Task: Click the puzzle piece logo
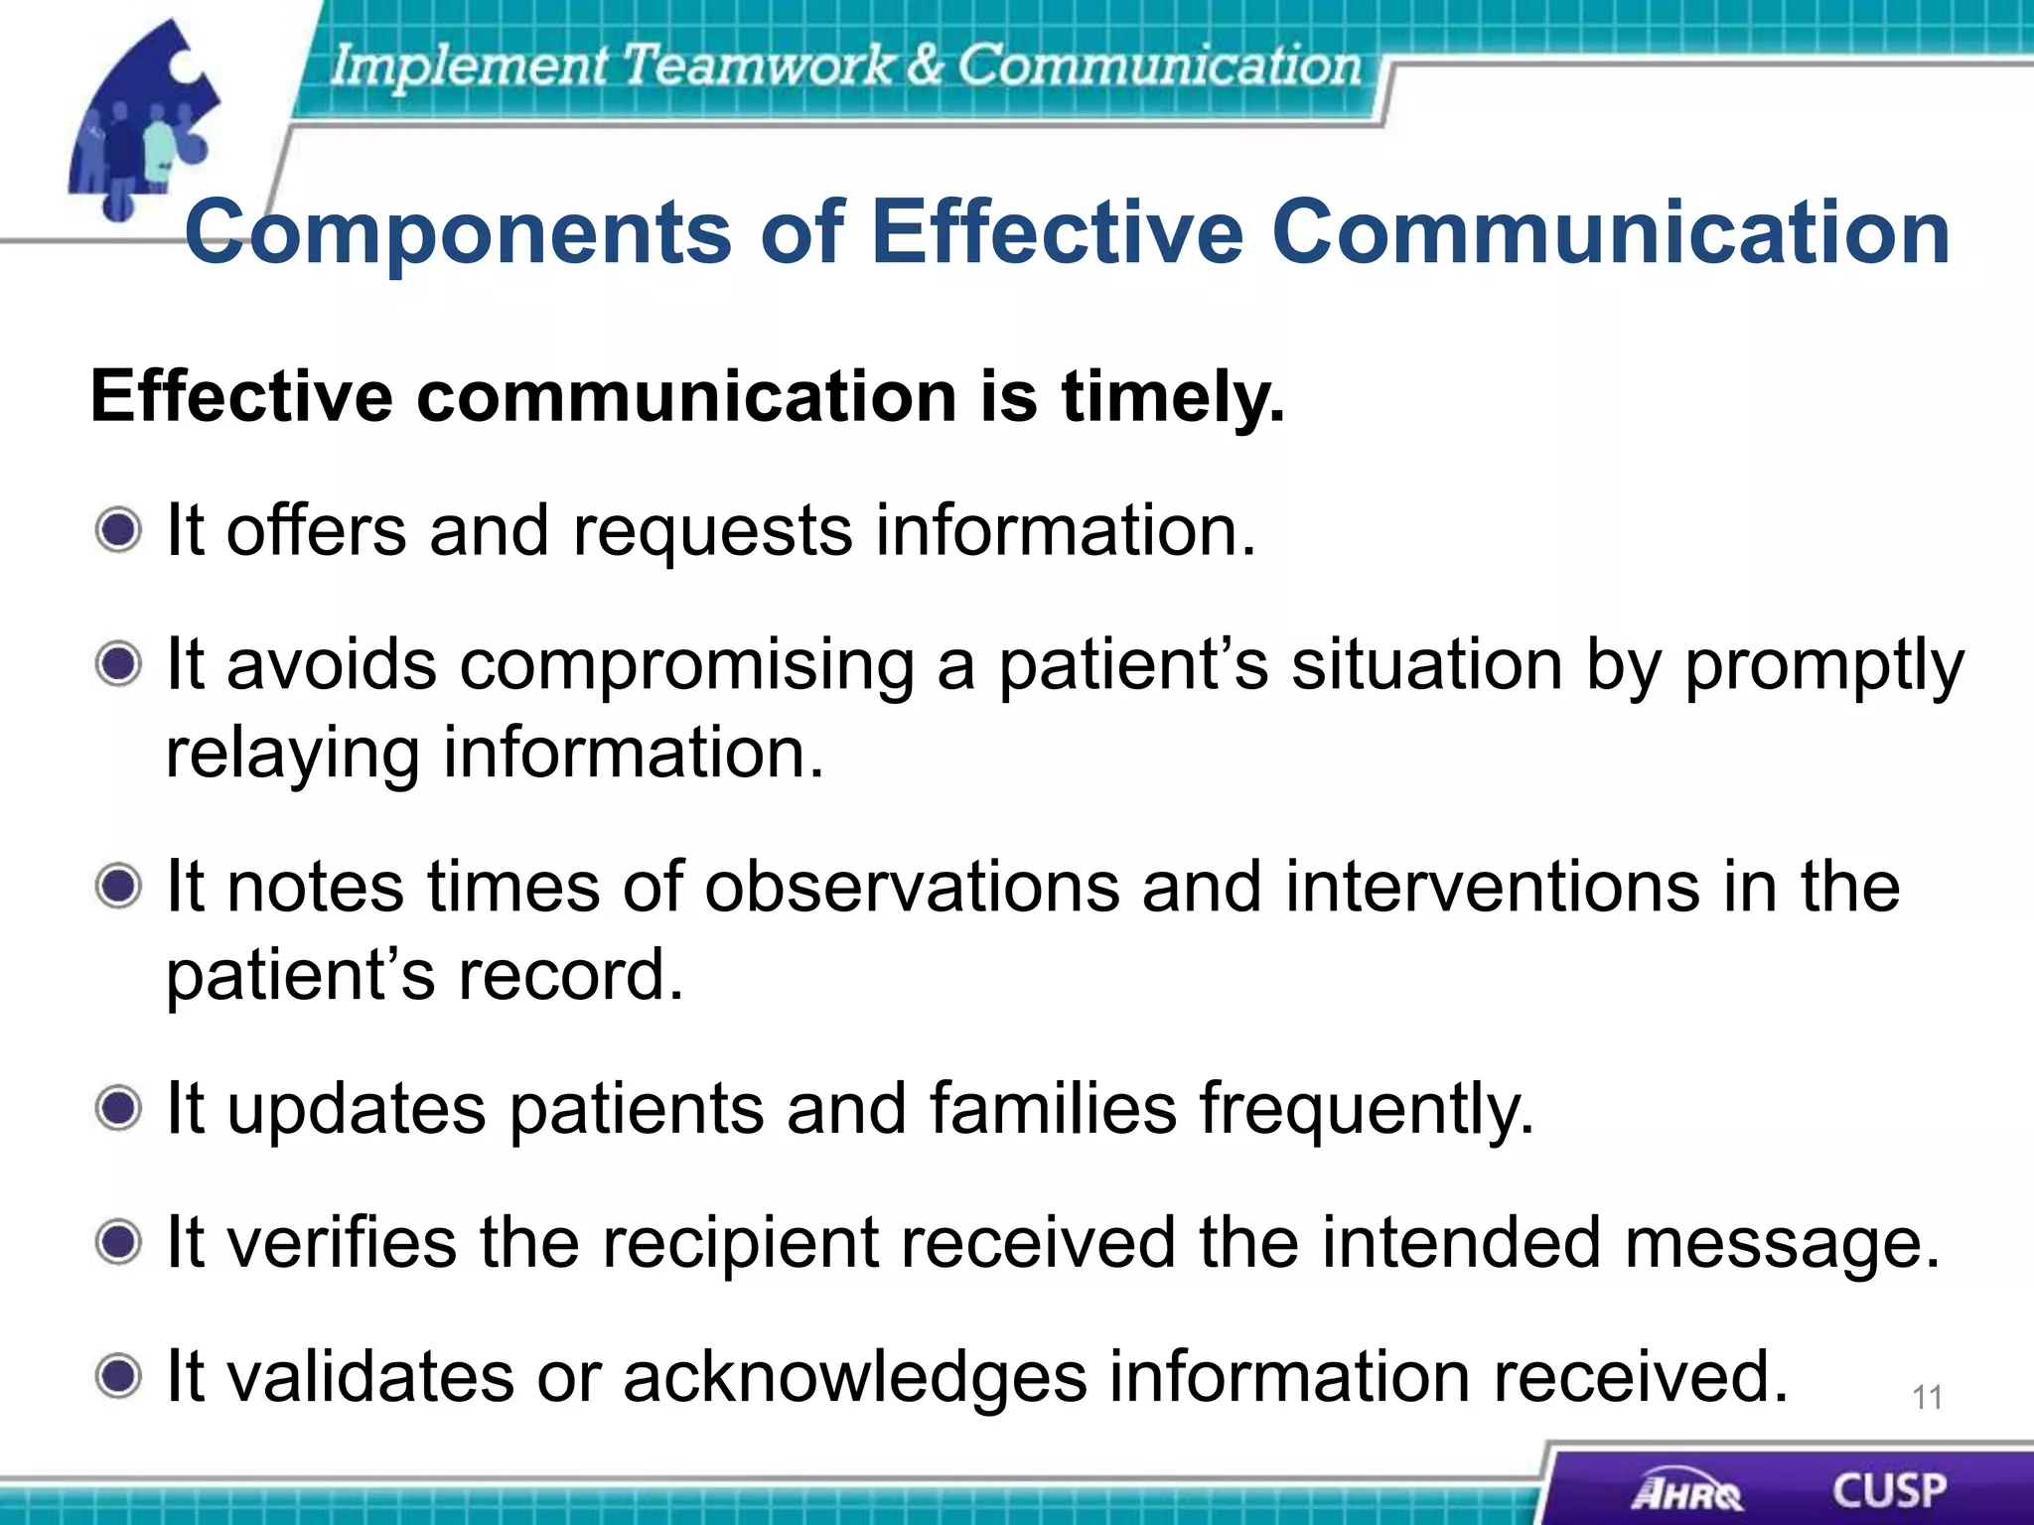144,119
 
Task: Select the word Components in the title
458,234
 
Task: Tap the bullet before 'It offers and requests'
119,529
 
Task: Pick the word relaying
292,755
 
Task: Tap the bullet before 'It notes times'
119,885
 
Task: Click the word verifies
342,1242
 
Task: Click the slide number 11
1927,1398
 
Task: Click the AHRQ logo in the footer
1686,1491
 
